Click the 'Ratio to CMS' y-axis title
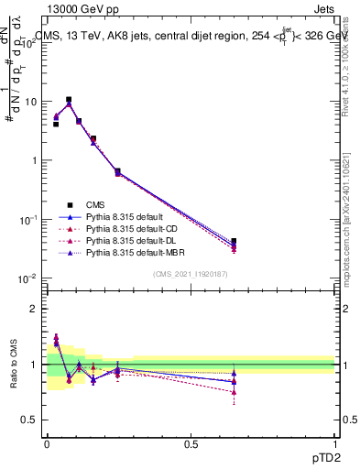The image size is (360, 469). point(12,366)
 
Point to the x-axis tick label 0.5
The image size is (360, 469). point(191,445)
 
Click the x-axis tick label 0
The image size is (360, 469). point(47,445)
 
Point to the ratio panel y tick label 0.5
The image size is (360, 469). point(29,420)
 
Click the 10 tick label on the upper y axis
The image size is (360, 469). point(30,102)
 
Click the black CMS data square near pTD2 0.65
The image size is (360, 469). point(235,242)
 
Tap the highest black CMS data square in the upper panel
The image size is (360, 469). point(68,100)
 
